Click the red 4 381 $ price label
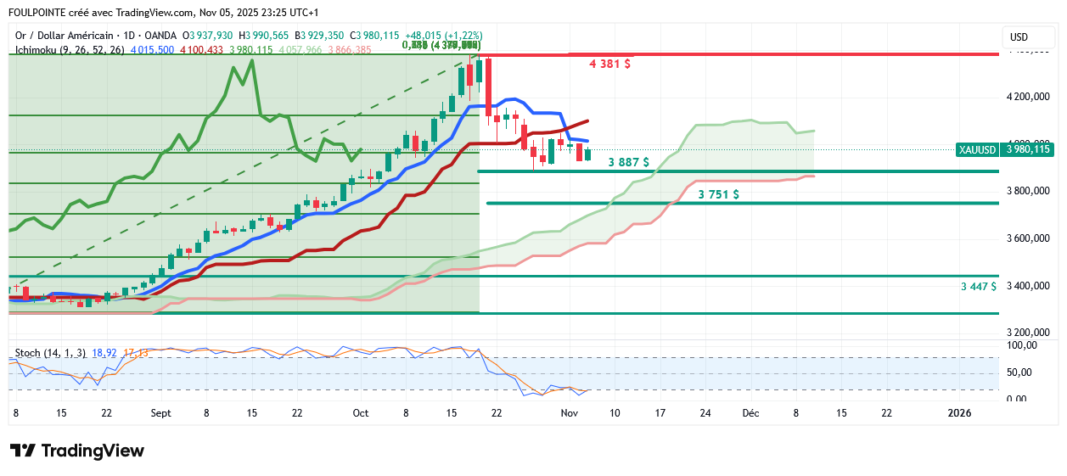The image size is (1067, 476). [610, 64]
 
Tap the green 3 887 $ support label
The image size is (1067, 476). [629, 162]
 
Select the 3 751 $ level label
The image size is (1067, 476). [718, 194]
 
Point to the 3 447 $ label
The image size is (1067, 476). [979, 287]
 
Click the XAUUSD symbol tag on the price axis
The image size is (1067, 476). [977, 149]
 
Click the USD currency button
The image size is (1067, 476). [1019, 37]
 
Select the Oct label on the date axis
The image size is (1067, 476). [361, 413]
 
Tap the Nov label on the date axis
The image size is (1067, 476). [570, 413]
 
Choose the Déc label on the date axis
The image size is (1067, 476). [750, 413]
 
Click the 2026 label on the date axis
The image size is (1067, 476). [959, 413]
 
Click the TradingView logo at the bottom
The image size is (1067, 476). [77, 451]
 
